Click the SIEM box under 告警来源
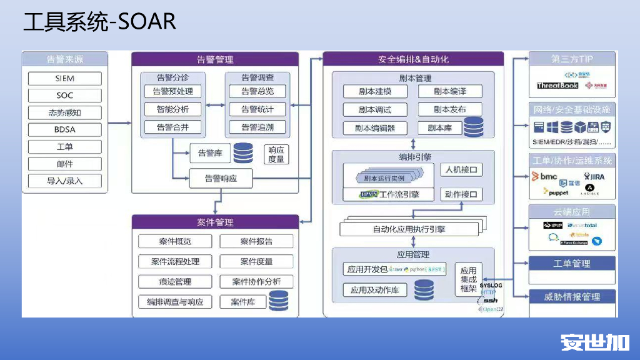[x=64, y=79]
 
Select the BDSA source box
[x=64, y=130]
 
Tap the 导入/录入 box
[x=64, y=181]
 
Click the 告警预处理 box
[x=173, y=91]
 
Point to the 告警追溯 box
[x=257, y=127]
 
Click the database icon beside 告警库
[x=243, y=152]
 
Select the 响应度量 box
[x=276, y=154]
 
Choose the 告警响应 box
[x=221, y=178]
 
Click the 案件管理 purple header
[x=215, y=222]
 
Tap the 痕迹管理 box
[x=174, y=282]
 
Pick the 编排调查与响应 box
[x=174, y=302]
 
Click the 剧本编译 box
[x=450, y=91]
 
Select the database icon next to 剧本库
[x=473, y=126]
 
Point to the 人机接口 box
[x=461, y=170]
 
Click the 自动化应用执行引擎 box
[x=409, y=229]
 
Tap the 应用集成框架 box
[x=468, y=279]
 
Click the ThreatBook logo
[x=557, y=86]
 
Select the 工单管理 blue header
[x=572, y=264]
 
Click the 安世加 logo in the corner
[x=594, y=342]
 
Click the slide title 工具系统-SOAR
[x=99, y=22]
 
